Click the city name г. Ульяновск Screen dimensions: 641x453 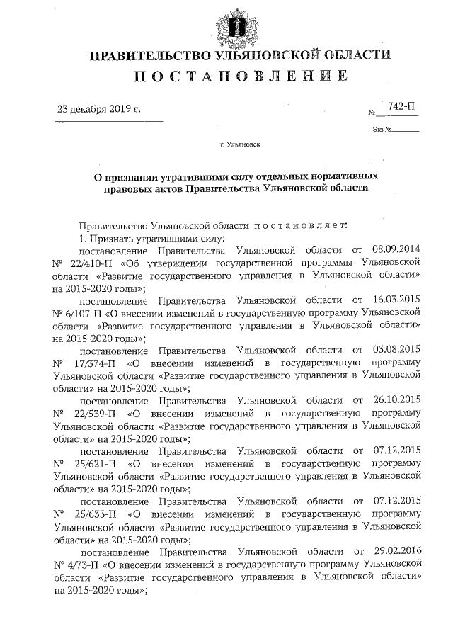click(x=240, y=144)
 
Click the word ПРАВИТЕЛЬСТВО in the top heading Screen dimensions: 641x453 click(x=137, y=55)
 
